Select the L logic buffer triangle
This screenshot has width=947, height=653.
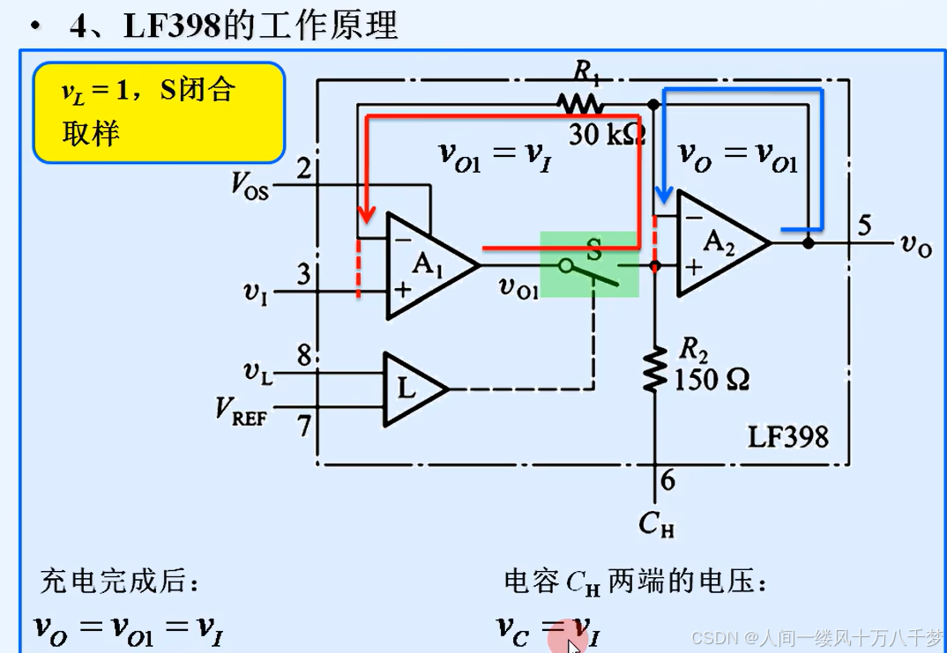409,387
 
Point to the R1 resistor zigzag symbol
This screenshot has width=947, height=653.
580,103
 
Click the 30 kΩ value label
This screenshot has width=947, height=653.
607,134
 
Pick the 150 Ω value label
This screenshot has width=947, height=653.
712,381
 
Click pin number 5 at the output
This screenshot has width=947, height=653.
864,226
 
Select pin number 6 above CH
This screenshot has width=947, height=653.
667,481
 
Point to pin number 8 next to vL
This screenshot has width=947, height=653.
304,357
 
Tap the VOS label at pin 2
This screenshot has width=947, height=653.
249,184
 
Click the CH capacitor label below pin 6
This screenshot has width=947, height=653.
655,523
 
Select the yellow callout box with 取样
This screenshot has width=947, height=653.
159,112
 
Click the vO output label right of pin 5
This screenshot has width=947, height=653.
915,246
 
